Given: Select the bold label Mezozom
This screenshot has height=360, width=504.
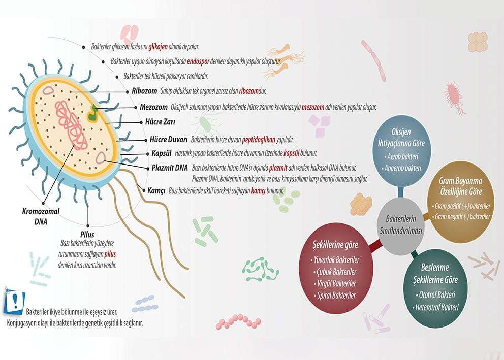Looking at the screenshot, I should [153, 107].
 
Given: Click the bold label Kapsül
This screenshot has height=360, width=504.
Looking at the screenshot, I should [164, 153].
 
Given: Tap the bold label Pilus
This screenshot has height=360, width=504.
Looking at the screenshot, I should [87, 235].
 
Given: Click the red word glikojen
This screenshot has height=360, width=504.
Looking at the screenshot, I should [159, 46].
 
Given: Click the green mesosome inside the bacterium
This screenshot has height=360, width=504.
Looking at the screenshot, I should [93, 114].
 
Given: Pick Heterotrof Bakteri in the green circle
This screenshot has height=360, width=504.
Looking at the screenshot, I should [436, 307].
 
